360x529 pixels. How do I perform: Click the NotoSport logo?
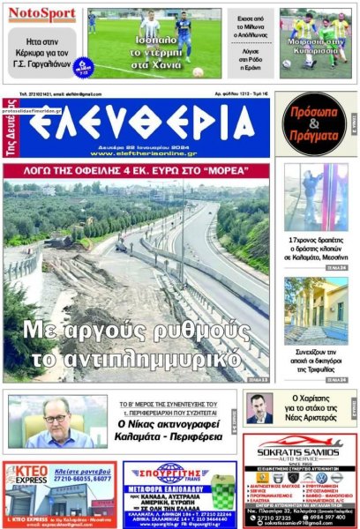click(x=43, y=14)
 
